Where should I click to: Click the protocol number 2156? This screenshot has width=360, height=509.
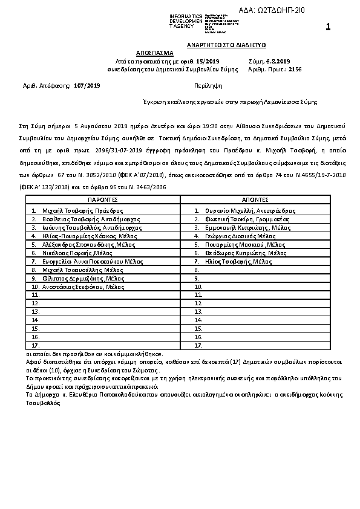[x=295, y=70]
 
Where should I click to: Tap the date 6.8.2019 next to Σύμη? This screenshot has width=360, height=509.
[x=278, y=61]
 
